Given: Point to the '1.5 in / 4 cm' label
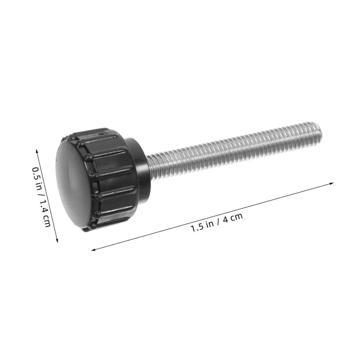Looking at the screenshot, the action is [x=216, y=223].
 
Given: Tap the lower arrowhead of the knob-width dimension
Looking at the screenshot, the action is [x=57, y=240].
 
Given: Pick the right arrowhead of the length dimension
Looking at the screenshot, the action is [x=331, y=184].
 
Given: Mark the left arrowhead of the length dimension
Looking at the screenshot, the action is [x=94, y=250].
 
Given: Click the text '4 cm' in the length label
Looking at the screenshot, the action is [x=233, y=218].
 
